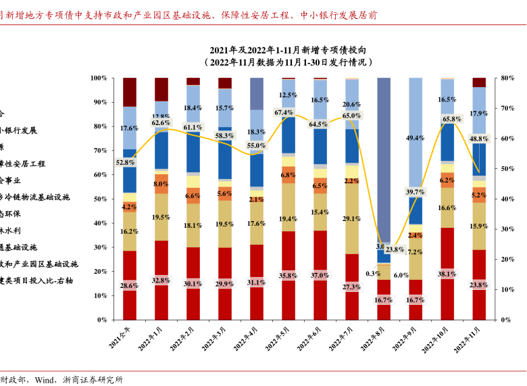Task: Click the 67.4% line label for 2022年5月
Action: (284, 112)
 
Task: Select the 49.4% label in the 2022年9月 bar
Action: (415, 138)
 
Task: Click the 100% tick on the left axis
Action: (98, 78)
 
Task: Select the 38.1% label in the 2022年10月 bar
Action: (447, 274)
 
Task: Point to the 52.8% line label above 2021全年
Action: (126, 162)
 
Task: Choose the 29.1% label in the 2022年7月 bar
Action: (351, 219)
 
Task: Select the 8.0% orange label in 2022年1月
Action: (161, 184)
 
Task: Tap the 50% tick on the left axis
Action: (100, 199)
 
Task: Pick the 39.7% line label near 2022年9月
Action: (415, 192)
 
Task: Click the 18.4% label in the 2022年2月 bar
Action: (193, 108)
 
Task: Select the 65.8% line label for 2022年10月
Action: (451, 119)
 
